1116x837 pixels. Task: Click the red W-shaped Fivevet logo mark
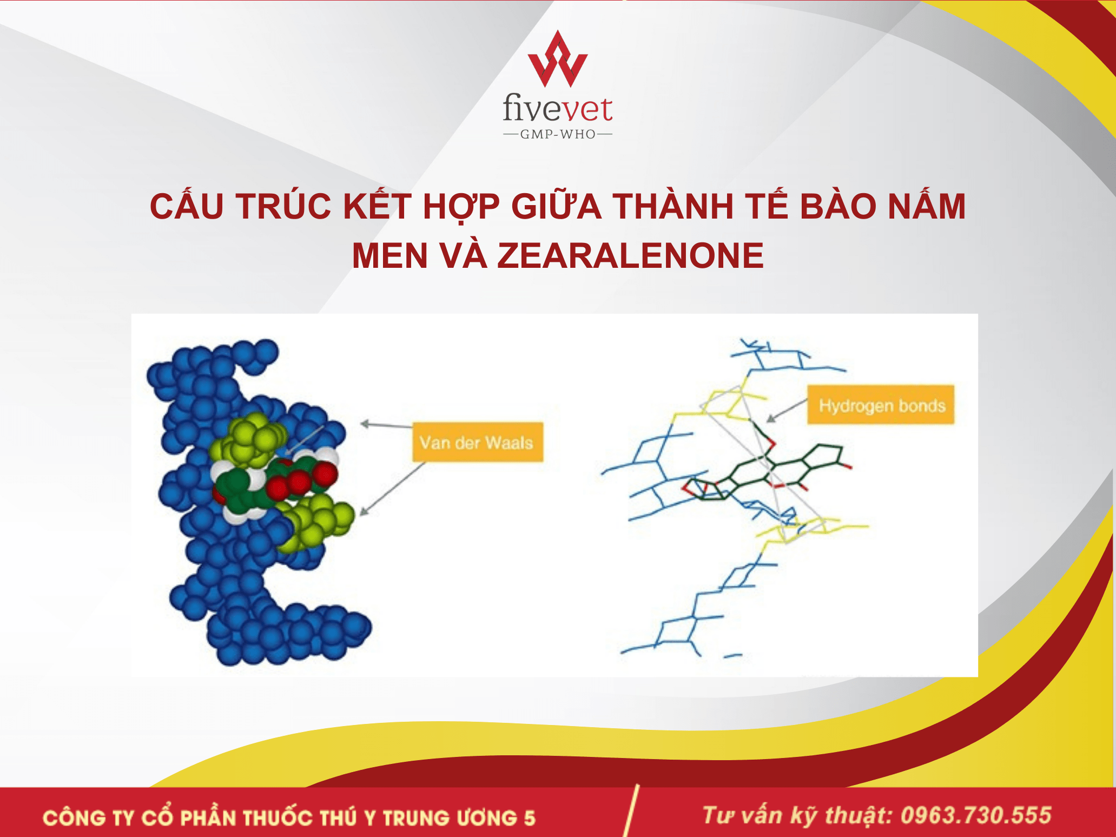click(x=557, y=60)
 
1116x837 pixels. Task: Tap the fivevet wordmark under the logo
click(x=557, y=108)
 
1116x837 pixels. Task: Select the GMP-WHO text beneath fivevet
click(x=558, y=134)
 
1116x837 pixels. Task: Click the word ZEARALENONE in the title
click(x=631, y=255)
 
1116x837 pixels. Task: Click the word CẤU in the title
click(x=187, y=206)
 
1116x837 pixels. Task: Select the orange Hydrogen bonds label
click(x=881, y=405)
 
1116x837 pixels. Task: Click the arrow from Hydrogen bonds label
click(x=787, y=411)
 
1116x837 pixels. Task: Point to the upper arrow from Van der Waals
click(x=386, y=425)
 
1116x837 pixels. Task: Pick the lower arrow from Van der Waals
click(x=392, y=489)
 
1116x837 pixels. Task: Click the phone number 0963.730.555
click(x=976, y=815)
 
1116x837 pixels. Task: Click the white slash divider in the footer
click(x=631, y=810)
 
